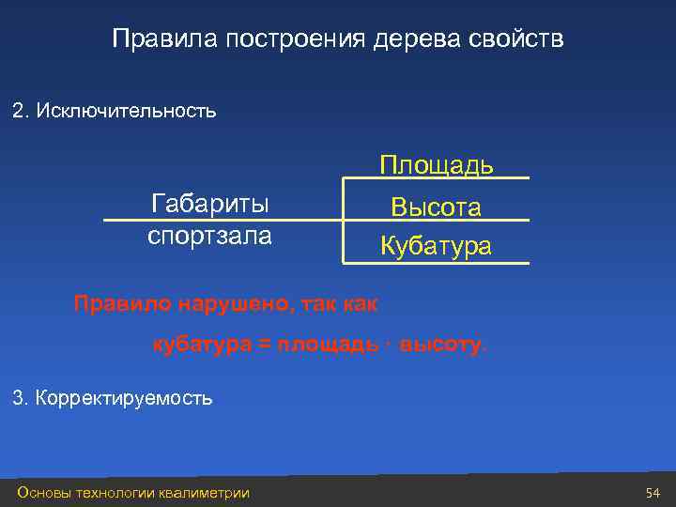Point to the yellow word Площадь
click(437, 165)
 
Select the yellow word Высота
click(437, 207)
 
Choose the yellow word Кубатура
click(437, 247)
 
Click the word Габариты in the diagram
click(209, 205)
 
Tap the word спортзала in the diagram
click(209, 235)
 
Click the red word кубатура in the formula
click(202, 345)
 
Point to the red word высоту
click(444, 345)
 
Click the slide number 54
click(653, 493)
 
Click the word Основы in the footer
click(42, 493)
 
